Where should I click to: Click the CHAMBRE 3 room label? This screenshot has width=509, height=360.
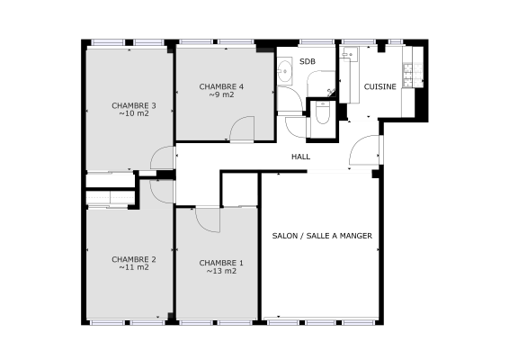(134, 105)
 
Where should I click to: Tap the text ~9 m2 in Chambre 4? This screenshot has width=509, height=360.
(221, 94)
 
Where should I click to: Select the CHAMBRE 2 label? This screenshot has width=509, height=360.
(134, 259)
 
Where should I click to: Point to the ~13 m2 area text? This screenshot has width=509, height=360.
(221, 271)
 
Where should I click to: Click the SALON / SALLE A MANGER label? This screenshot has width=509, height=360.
(322, 236)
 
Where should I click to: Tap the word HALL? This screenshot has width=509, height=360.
(300, 157)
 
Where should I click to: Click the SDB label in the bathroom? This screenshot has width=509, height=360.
(308, 61)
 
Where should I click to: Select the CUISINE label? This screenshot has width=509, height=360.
(380, 86)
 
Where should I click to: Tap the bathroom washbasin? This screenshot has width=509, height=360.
(284, 70)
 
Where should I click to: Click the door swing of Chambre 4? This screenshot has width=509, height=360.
(242, 130)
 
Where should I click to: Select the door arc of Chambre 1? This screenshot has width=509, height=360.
(208, 219)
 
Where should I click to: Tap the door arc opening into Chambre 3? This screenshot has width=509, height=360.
(163, 158)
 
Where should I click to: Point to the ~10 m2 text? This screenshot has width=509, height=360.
(134, 114)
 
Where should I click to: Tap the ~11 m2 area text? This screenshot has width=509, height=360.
(134, 268)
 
